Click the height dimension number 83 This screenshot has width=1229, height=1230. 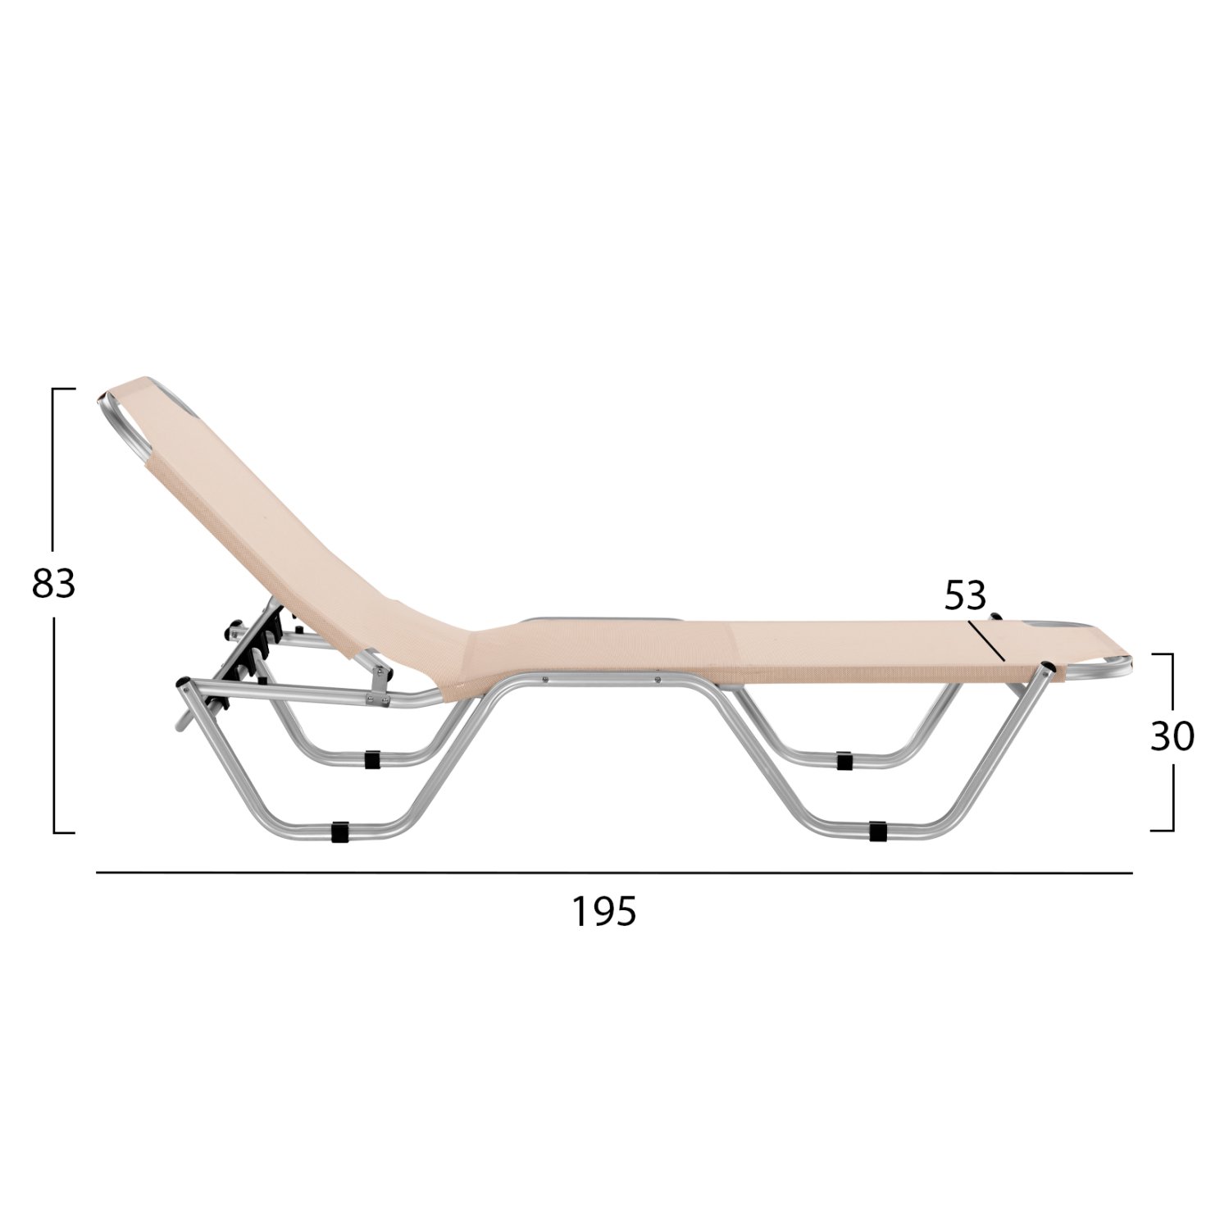point(53,583)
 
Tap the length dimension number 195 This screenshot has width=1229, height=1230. point(604,911)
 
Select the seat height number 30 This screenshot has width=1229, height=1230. point(1172,738)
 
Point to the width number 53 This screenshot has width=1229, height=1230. point(965,596)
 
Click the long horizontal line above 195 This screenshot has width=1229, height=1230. point(614,873)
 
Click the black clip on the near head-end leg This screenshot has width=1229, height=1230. point(338,832)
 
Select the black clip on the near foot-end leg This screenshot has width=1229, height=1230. point(877,831)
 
